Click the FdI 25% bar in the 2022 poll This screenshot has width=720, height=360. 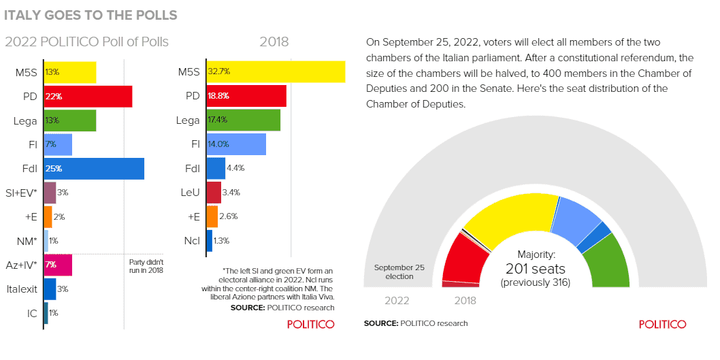tap(94, 168)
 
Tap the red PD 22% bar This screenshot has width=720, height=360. tap(88, 96)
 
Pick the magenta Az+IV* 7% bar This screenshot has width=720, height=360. tap(58, 265)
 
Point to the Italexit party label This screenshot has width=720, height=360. tap(22, 289)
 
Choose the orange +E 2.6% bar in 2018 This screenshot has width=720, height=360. tap(211, 216)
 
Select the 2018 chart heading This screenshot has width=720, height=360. tap(274, 42)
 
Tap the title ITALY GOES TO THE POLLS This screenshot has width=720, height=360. tap(91, 14)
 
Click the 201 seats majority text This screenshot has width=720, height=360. tap(536, 269)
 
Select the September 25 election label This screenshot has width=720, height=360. tap(399, 272)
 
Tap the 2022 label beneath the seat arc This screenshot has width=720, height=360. tap(397, 300)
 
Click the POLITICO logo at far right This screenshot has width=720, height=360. tap(662, 324)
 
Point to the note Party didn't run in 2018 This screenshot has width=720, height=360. tap(146, 265)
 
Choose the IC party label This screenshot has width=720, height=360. tap(31, 313)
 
